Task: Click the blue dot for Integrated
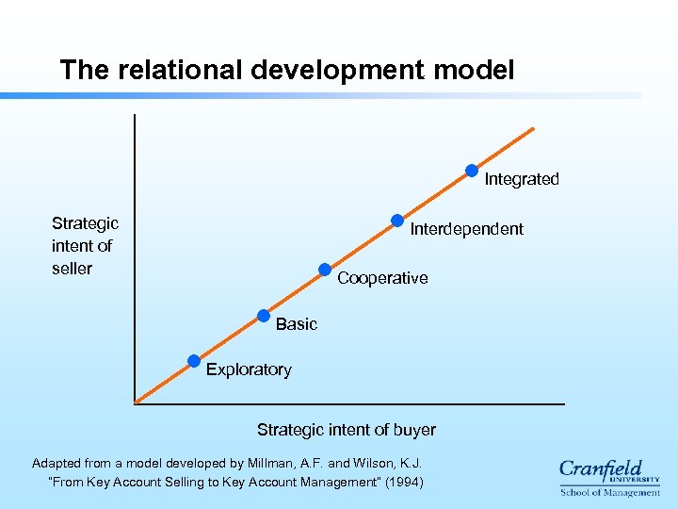[x=472, y=171]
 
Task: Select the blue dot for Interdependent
[x=397, y=221]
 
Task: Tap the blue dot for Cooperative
[x=325, y=270]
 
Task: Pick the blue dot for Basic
[x=264, y=315]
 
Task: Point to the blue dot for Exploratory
[x=193, y=360]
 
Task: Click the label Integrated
[x=522, y=179]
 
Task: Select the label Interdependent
[x=466, y=229]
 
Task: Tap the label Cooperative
[x=382, y=278]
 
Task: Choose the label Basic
[x=297, y=324]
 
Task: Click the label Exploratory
[x=249, y=369]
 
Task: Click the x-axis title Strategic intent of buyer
[x=347, y=430]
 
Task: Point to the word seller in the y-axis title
[x=72, y=269]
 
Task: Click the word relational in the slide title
[x=185, y=71]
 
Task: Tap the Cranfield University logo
[x=609, y=471]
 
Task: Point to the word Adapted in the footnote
[x=59, y=463]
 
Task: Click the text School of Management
[x=610, y=492]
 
